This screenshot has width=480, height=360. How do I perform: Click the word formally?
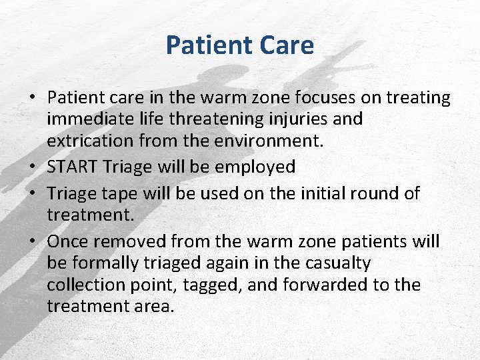click(103, 263)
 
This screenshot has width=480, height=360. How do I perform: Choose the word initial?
click(310, 193)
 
